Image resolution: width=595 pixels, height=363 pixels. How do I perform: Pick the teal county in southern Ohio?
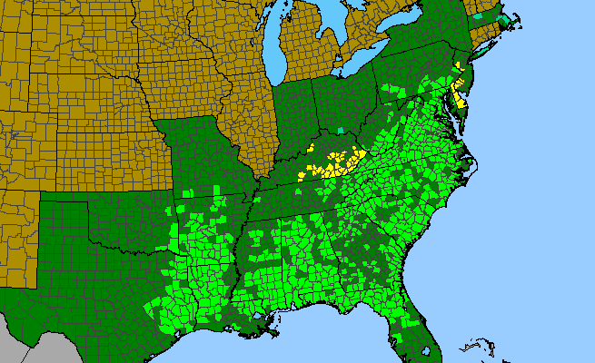[x=341, y=131]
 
